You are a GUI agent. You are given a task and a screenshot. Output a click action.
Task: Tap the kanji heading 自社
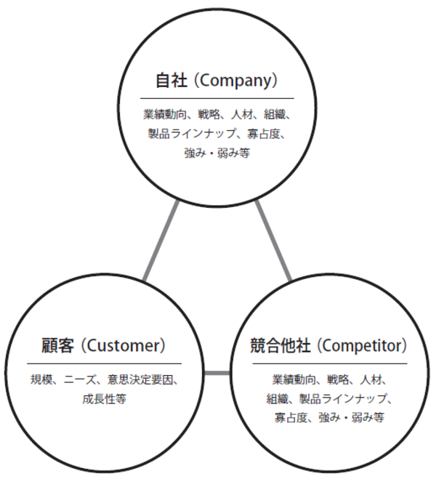[172, 79]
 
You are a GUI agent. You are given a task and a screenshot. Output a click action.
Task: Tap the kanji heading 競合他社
[277, 344]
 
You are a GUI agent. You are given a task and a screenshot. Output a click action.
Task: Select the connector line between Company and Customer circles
[161, 241]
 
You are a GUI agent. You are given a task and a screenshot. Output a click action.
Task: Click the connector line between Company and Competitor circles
[274, 241]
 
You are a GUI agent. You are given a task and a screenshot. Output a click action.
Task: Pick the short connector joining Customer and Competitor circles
[215, 374]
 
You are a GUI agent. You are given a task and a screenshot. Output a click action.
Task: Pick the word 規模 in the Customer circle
[42, 379]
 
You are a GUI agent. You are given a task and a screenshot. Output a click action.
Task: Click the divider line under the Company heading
[218, 97]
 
